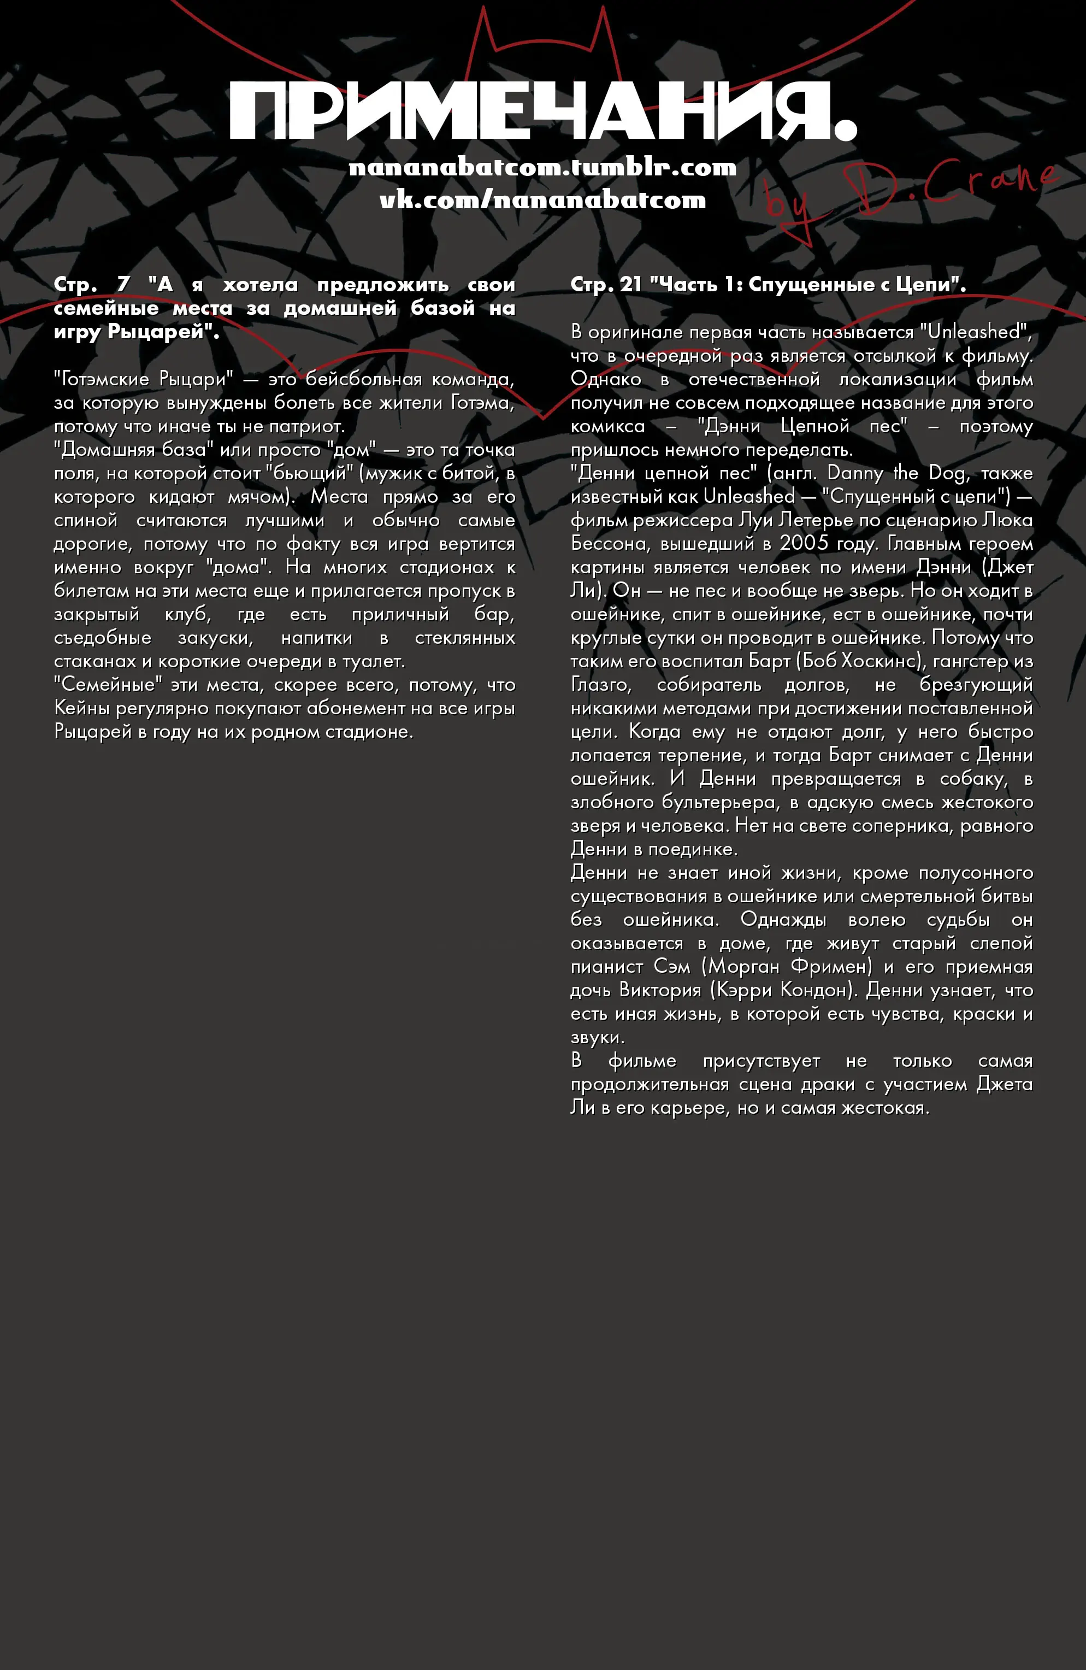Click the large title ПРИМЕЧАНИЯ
542,111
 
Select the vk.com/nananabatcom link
542,200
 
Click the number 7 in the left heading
123,284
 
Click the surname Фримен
829,966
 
